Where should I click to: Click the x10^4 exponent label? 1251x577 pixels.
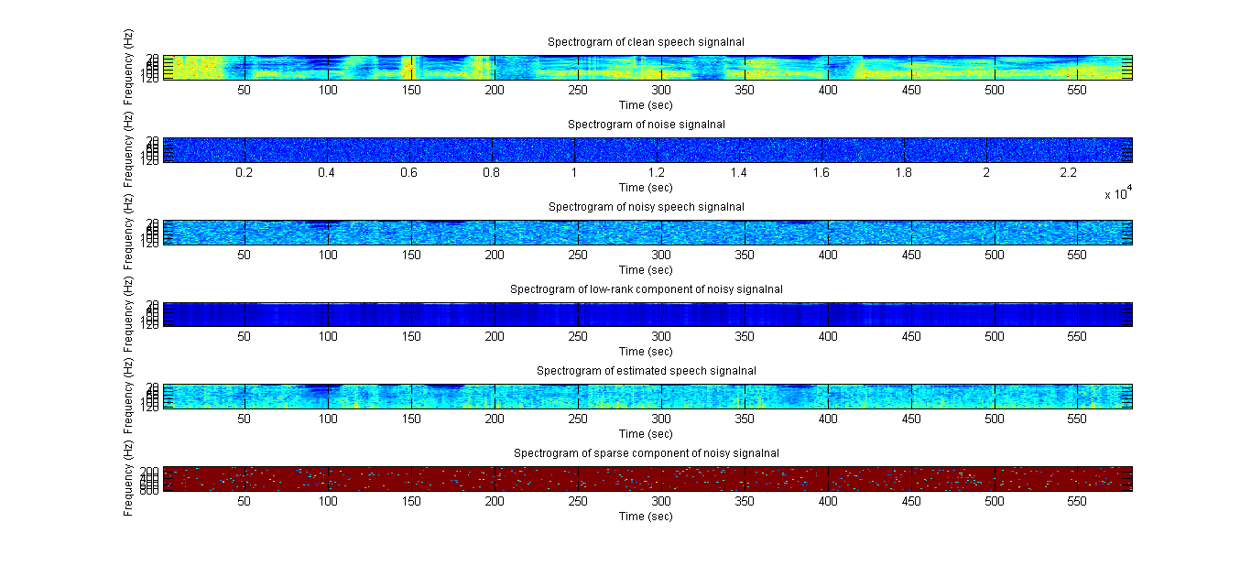point(1118,193)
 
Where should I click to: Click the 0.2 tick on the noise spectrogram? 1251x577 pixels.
point(244,172)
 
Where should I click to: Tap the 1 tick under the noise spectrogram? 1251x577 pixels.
point(574,172)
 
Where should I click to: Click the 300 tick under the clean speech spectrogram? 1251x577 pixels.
point(660,90)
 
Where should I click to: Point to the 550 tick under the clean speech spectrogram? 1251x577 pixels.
point(1077,90)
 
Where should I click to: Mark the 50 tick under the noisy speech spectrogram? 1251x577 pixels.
point(245,255)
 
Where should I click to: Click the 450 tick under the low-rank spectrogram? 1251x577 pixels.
point(910,336)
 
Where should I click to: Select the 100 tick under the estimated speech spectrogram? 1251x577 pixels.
point(328,419)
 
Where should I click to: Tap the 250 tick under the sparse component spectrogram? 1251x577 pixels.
point(577,501)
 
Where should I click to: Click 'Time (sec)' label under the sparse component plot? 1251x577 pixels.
point(646,517)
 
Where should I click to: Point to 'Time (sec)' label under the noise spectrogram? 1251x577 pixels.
point(646,188)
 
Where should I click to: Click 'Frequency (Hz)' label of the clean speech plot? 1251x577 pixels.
point(128,54)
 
